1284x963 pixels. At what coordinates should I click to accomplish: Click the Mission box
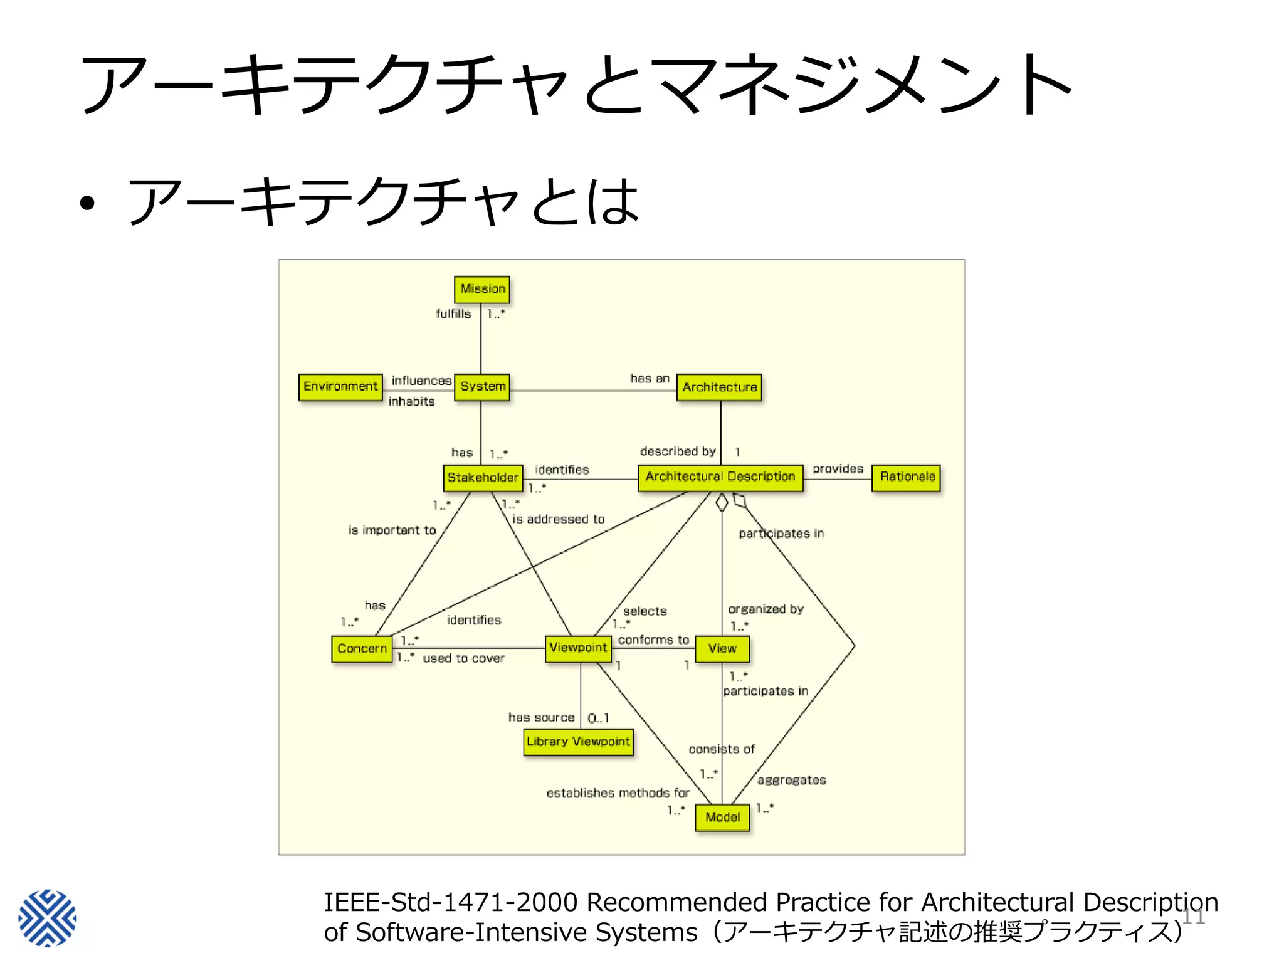481,289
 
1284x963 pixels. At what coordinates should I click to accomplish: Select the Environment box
340,386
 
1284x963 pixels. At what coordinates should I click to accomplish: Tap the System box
481,386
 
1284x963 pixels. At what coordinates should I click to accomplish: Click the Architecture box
719,387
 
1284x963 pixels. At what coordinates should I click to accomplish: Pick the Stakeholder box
482,477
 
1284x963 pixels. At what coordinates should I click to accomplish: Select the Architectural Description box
720,476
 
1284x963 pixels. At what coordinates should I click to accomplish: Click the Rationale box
907,476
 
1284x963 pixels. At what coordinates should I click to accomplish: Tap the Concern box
362,648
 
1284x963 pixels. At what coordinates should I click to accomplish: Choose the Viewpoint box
578,647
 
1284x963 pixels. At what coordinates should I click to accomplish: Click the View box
722,648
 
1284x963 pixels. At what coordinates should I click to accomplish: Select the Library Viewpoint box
578,741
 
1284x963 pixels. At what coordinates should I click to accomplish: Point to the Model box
722,817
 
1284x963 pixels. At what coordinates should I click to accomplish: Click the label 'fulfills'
453,313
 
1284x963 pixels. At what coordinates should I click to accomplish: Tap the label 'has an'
650,379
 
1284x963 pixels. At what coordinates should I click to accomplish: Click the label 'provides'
837,469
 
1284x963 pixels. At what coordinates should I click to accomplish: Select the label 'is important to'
392,530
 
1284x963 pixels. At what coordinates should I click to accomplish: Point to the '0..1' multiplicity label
597,718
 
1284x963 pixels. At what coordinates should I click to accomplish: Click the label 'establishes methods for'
618,793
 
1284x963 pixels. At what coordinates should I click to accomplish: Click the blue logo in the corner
48,917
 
